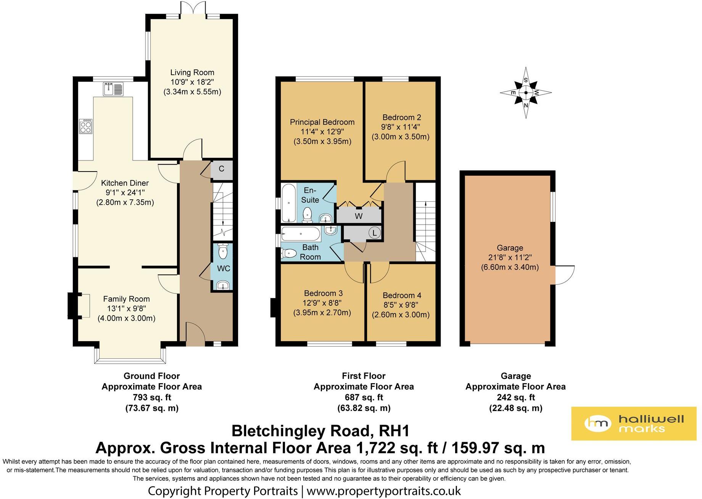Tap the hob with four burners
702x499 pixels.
pyautogui.click(x=85, y=126)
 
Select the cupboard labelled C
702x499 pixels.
pyautogui.click(x=221, y=169)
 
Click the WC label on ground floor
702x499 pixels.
pyautogui.click(x=224, y=268)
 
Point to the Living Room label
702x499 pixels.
pyautogui.click(x=192, y=72)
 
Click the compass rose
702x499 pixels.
pyautogui.click(x=526, y=93)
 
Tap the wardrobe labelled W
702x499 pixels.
pyautogui.click(x=359, y=216)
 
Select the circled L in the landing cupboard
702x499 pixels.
pyautogui.click(x=375, y=233)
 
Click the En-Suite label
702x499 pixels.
pyautogui.click(x=310, y=195)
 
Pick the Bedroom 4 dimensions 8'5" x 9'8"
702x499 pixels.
pyautogui.click(x=401, y=305)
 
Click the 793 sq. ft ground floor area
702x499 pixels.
pyautogui.click(x=151, y=397)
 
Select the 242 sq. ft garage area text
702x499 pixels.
pyautogui.click(x=515, y=397)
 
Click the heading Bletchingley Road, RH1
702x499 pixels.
pyautogui.click(x=320, y=431)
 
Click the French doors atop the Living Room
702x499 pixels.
pyautogui.click(x=192, y=8)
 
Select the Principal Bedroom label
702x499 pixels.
pyautogui.click(x=322, y=122)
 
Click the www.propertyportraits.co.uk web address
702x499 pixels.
pyautogui.click(x=383, y=491)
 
